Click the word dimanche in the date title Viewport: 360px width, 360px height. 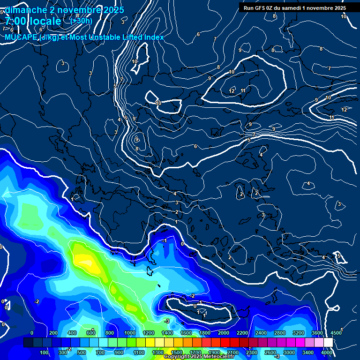(x=25, y=10)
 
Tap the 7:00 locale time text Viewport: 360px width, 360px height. (x=33, y=21)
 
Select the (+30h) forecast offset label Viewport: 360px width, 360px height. (x=82, y=21)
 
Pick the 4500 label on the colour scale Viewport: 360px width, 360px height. (x=336, y=333)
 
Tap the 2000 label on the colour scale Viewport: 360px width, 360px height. (x=224, y=333)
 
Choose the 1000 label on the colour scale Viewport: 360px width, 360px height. (x=130, y=333)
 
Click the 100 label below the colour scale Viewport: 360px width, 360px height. (x=44, y=352)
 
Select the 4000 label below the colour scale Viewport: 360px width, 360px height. (x=327, y=352)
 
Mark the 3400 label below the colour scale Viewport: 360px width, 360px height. (x=308, y=352)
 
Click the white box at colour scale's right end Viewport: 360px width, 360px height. (x=328, y=343)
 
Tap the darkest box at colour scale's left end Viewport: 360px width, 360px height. (x=28, y=343)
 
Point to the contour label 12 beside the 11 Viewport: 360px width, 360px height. (x=232, y=91)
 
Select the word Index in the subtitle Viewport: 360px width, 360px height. (x=154, y=37)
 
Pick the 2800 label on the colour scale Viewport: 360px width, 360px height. (x=280, y=333)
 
